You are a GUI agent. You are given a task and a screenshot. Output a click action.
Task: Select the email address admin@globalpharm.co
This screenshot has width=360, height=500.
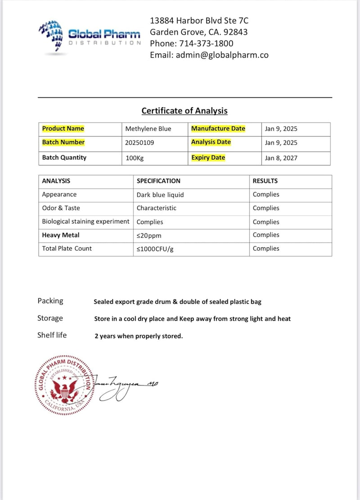pos(222,55)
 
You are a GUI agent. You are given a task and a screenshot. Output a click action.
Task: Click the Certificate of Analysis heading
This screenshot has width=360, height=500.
pos(184,111)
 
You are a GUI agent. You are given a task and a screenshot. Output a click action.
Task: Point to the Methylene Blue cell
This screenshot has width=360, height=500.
pos(148,129)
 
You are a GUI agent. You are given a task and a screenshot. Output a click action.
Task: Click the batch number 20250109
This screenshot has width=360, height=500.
pos(143,143)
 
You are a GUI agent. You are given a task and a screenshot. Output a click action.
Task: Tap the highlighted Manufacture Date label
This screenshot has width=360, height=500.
pos(218,129)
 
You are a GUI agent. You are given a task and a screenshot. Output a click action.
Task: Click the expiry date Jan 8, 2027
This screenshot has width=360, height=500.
pos(281,158)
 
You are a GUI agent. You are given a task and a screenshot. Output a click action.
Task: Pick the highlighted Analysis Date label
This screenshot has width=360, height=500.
pos(211,142)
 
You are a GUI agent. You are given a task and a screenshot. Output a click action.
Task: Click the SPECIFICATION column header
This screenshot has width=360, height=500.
pos(158,181)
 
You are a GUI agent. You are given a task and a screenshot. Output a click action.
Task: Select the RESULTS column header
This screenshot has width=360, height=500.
pos(265,181)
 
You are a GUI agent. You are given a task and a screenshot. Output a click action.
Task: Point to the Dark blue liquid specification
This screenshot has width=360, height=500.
pos(160,195)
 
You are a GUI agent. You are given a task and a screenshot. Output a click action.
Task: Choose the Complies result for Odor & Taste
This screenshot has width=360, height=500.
pos(266,208)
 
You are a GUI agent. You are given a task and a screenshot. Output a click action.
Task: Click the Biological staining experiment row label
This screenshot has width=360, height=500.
pos(85,221)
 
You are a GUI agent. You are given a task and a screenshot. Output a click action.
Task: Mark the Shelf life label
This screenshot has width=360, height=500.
pos(52,335)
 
